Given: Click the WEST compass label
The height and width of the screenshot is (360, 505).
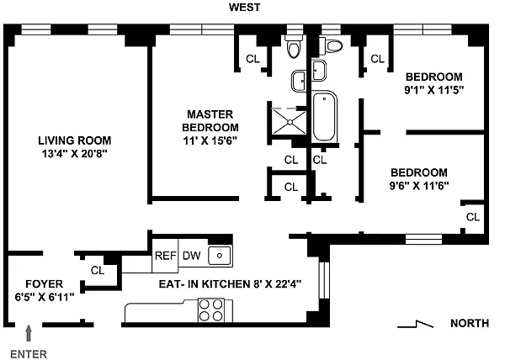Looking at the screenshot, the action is coord(244,7).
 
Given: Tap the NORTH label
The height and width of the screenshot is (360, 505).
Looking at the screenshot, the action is coord(470,323).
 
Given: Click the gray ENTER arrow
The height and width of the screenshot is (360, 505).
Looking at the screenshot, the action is coord(29,333).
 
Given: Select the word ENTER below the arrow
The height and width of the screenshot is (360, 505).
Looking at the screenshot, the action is coord(29,354).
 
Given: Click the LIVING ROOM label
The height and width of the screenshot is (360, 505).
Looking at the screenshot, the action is coord(75,140).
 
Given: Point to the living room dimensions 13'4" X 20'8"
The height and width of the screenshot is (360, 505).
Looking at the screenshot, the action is coord(74,154).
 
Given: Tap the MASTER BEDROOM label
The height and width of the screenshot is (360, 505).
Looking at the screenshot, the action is coord(210,121).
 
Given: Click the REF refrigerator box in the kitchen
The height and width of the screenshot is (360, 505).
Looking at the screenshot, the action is coord(165,256).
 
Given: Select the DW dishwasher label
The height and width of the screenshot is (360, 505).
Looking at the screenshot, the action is coord(192,256).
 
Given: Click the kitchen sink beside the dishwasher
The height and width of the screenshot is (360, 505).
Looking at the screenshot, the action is coord(220,256).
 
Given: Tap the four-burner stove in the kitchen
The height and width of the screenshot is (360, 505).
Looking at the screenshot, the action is coord(211,310).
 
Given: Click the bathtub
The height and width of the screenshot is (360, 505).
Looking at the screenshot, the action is coord(324,117).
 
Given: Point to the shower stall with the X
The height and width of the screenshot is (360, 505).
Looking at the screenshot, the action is coord(289,122).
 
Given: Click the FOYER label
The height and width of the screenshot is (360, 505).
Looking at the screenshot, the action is coord(44,284).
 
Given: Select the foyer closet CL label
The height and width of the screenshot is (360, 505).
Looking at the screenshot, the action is coord(98,270).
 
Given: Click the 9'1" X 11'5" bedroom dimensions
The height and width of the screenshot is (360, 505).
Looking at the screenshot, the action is coord(433,90).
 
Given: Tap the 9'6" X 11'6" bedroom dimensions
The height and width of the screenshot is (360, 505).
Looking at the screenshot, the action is coord(419,186).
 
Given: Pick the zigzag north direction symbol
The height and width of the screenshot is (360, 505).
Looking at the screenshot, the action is coord(416,324).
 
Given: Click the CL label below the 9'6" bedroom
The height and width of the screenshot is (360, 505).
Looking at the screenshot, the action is coord(473,217).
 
